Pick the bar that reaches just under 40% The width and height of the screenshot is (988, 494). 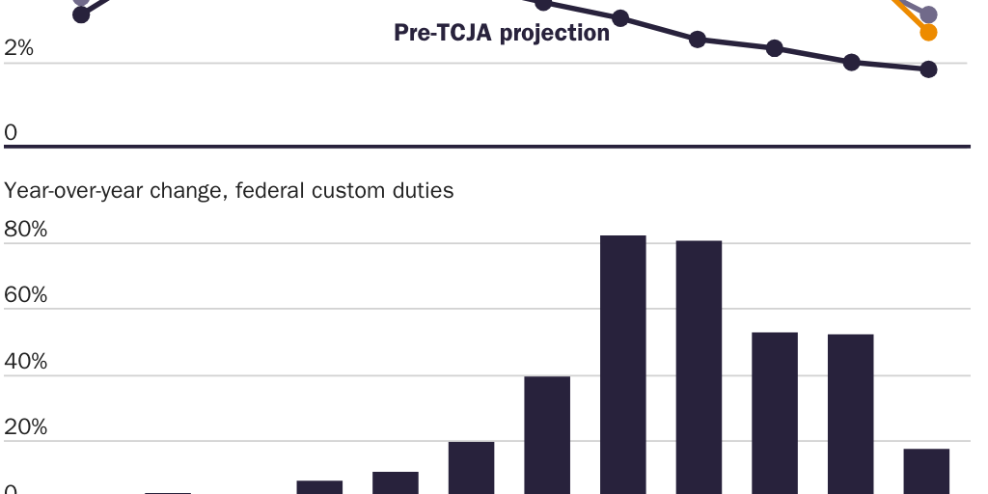[x=547, y=434]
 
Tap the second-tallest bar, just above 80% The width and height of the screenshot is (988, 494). [x=699, y=367]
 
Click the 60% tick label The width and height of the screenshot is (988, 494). [x=26, y=295]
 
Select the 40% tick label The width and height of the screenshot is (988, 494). [x=26, y=362]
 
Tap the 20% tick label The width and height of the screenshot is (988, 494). [x=26, y=427]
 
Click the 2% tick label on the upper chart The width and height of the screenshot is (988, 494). [x=19, y=48]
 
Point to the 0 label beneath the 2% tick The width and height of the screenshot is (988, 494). [x=11, y=132]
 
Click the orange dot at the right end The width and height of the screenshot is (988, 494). [x=928, y=33]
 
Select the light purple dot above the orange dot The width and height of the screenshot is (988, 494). [x=928, y=14]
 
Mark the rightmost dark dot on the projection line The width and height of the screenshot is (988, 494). [x=928, y=69]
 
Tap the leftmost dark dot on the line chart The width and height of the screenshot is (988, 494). [x=81, y=14]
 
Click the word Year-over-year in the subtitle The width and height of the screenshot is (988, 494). [x=73, y=191]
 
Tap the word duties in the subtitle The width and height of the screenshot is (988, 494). [x=422, y=190]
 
